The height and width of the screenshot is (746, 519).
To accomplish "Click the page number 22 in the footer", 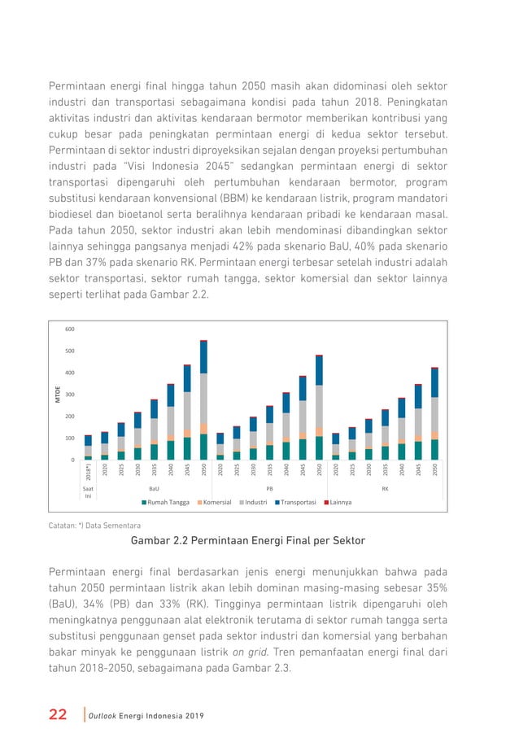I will pos(58,714).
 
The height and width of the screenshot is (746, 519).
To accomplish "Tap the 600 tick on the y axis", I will pos(69,329).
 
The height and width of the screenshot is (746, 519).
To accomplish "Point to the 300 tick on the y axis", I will pos(69,395).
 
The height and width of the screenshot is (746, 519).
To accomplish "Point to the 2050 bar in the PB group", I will pos(319,408).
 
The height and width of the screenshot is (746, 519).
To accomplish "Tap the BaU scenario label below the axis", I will pos(154,487).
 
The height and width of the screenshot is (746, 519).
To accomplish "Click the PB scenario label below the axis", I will pos(269,487).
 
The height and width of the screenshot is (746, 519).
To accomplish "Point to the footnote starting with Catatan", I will pos(95,526).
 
